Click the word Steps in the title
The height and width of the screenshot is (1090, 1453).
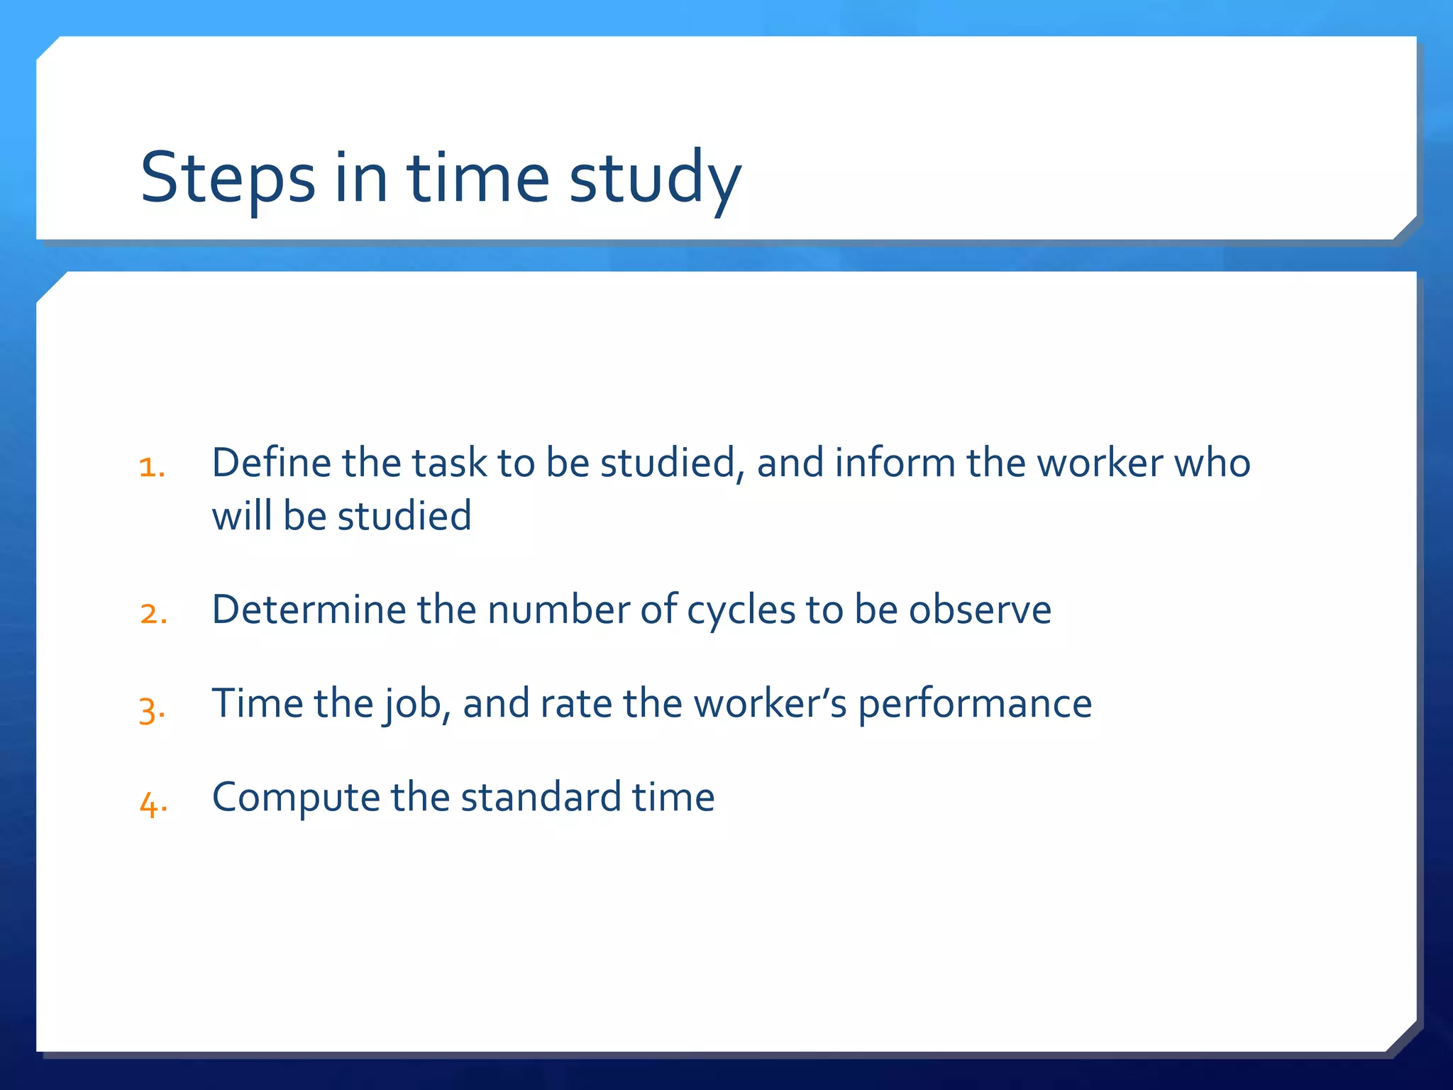[x=228, y=178]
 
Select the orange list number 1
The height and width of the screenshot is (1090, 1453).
[x=152, y=467]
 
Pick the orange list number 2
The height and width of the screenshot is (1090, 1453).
[x=153, y=613]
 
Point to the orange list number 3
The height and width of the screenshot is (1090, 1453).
[x=152, y=708]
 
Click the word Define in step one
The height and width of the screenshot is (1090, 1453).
[x=272, y=463]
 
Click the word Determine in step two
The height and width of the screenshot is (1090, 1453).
[x=309, y=609]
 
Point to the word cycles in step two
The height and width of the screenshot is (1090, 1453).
[x=741, y=610]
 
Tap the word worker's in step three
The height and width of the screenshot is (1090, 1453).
[x=770, y=703]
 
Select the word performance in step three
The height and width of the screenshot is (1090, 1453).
[x=975, y=704]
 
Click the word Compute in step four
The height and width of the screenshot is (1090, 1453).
[x=296, y=798]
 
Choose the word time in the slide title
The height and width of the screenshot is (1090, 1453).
[x=478, y=178]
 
